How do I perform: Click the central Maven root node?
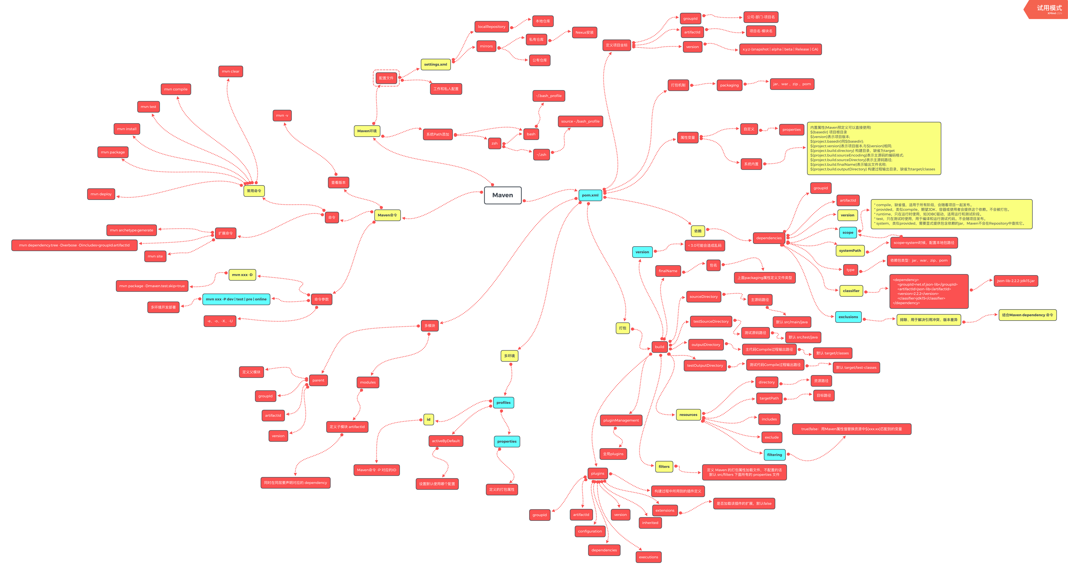tap(503, 195)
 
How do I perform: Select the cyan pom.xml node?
tap(590, 195)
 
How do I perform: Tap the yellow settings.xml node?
tap(435, 65)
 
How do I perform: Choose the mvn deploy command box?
tap(101, 194)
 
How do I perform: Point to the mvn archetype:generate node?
tap(131, 230)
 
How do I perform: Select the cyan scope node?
tap(848, 233)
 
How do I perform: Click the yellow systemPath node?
tap(850, 251)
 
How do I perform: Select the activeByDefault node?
tap(446, 441)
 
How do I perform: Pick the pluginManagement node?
tap(621, 420)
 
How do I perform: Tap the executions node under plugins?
tap(648, 557)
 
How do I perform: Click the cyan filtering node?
tap(774, 455)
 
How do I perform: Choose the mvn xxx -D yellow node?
tap(242, 275)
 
